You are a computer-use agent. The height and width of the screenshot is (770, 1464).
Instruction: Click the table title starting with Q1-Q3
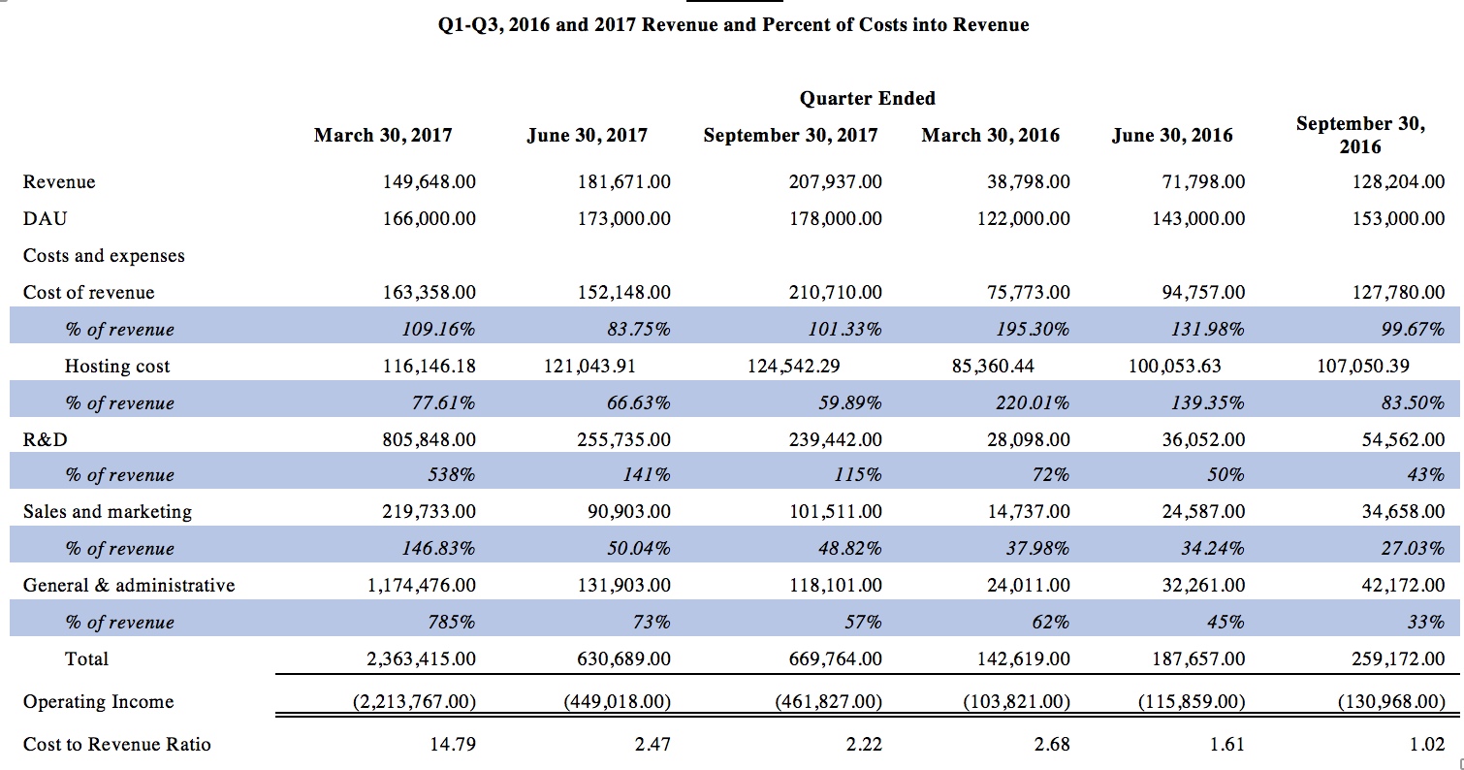(733, 25)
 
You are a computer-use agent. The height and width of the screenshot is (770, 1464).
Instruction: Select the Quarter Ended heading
(868, 99)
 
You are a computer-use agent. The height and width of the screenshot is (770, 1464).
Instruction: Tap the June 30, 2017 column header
(587, 136)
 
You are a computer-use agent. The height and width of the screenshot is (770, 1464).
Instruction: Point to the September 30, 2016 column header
(1360, 135)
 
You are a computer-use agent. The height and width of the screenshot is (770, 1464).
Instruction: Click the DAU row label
(46, 218)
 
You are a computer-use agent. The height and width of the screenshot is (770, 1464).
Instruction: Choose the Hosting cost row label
(117, 366)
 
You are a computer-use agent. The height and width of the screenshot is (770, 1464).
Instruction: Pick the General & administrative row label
(129, 585)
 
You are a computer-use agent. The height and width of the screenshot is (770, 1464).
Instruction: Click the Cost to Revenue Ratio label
(117, 745)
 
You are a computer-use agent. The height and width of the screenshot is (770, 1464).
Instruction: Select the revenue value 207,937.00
(836, 181)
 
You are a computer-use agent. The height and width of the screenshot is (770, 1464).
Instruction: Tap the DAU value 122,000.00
(1024, 218)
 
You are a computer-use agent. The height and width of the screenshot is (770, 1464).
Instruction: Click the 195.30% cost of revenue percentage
(1033, 329)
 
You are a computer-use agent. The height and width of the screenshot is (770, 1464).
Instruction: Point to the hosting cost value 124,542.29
(793, 366)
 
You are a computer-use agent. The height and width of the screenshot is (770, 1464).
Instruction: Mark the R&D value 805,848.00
(429, 439)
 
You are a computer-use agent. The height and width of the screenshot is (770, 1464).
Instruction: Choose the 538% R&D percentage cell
(451, 474)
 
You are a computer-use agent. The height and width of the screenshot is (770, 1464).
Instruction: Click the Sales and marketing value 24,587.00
(1203, 511)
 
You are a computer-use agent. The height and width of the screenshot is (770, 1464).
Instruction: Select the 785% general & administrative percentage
(451, 622)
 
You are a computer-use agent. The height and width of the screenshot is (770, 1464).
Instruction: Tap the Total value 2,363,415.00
(421, 658)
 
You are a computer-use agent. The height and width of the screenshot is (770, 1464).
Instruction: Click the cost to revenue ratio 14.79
(452, 745)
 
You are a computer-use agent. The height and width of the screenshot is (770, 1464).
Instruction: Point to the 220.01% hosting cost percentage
(1033, 402)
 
